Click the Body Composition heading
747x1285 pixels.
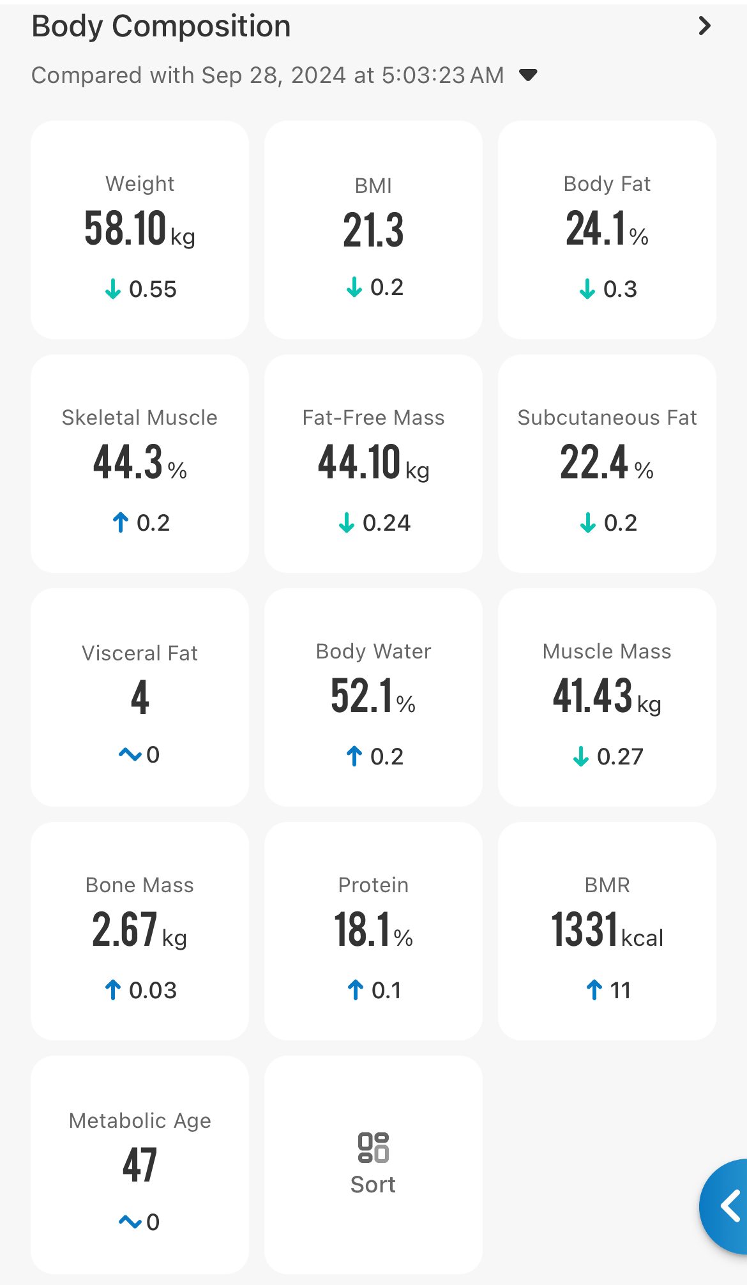(161, 27)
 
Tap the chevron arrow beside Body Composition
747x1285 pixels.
(704, 26)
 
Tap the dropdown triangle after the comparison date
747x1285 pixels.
(528, 75)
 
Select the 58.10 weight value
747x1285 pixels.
(126, 229)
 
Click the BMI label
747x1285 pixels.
(373, 186)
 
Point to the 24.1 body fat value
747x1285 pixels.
(596, 229)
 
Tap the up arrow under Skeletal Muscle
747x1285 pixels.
(120, 522)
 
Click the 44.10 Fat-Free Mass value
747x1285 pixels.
(359, 462)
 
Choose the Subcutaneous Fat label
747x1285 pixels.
(607, 418)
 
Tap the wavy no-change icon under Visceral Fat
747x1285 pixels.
(130, 755)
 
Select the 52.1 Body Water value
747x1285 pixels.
(361, 696)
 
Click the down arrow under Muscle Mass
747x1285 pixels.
(580, 757)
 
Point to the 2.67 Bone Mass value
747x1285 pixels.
(124, 930)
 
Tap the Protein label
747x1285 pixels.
(373, 885)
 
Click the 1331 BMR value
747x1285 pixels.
(585, 930)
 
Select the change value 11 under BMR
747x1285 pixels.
(620, 991)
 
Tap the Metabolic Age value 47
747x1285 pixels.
(140, 1165)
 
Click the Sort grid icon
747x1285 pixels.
(373, 1147)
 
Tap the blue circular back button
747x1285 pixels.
(727, 1206)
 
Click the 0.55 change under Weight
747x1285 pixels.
(153, 289)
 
